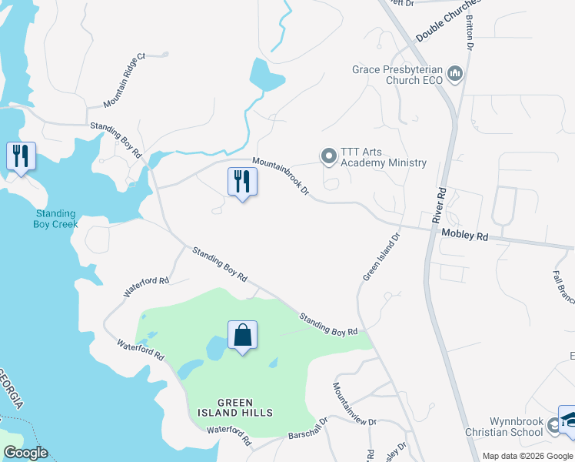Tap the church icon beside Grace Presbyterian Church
click(455, 73)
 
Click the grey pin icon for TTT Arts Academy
click(329, 157)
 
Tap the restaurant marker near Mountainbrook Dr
click(242, 182)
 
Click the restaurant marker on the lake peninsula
click(21, 156)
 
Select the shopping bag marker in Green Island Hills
click(242, 335)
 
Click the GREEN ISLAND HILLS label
click(244, 407)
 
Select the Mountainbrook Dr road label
click(281, 176)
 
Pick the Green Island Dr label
click(381, 257)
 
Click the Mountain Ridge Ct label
click(125, 79)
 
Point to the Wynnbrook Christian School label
click(504, 427)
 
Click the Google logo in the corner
click(25, 453)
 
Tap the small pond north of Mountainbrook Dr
click(267, 75)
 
